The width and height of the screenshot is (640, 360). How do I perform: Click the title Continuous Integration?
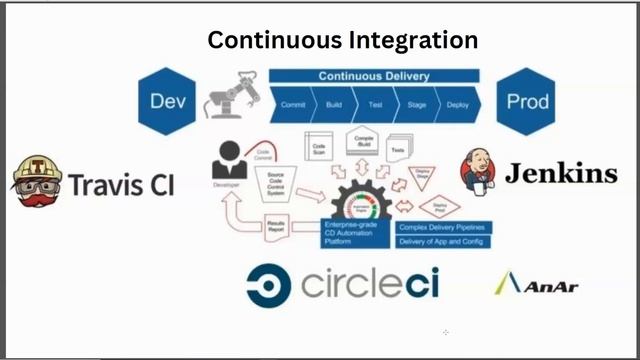[x=342, y=41]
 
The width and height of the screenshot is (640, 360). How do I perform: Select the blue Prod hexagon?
[x=526, y=100]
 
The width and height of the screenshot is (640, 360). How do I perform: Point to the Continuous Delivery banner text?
[x=374, y=76]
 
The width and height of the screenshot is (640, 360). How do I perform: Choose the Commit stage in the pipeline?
[x=293, y=103]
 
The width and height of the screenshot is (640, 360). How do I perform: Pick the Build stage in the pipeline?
[x=334, y=103]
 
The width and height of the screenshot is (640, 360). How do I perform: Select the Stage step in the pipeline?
[x=414, y=103]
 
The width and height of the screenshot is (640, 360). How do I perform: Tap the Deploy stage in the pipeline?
[x=456, y=103]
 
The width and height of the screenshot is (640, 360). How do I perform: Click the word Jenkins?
[x=560, y=174]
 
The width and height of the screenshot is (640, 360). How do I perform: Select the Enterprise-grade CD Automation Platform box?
[x=353, y=235]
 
